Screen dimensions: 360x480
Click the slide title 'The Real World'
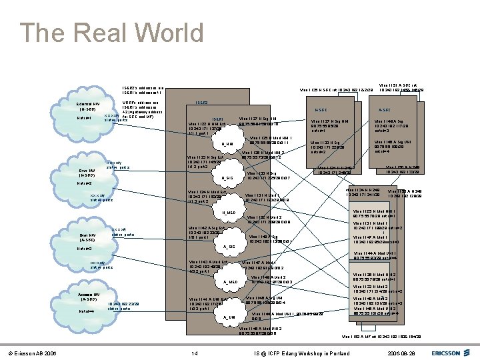pos(112,33)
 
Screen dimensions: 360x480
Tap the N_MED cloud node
pos(228,213)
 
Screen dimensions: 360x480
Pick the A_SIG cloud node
pos(228,247)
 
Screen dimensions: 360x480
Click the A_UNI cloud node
pos(228,317)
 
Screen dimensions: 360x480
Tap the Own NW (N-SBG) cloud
pos(87,174)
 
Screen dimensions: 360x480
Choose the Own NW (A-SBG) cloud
pos(87,238)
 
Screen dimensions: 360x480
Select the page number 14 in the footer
pos(194,352)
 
